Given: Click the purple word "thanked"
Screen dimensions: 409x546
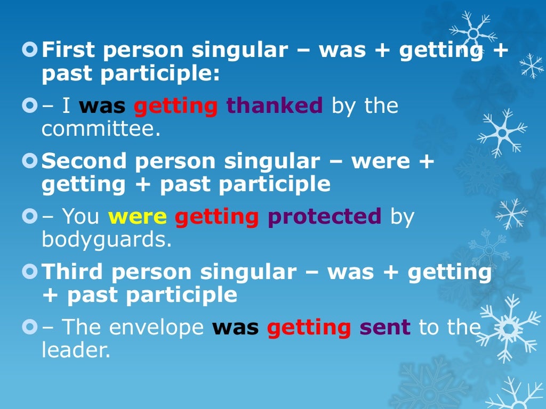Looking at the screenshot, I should (x=275, y=106).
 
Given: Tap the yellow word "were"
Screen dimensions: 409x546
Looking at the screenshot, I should (x=138, y=217).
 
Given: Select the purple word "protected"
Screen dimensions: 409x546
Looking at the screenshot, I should (x=324, y=217).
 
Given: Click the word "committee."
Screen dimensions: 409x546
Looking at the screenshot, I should (x=101, y=129).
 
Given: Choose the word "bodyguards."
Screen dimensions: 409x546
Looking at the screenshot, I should (x=107, y=240).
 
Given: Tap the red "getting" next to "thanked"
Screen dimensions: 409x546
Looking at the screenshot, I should (x=175, y=107).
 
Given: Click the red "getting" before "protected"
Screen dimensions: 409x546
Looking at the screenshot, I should (x=216, y=217).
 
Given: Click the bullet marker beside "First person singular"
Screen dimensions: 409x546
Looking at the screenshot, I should (x=30, y=51).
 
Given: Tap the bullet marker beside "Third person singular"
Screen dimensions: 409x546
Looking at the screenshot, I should (x=30, y=272).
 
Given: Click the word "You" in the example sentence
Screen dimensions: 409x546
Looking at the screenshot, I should (x=81, y=217).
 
